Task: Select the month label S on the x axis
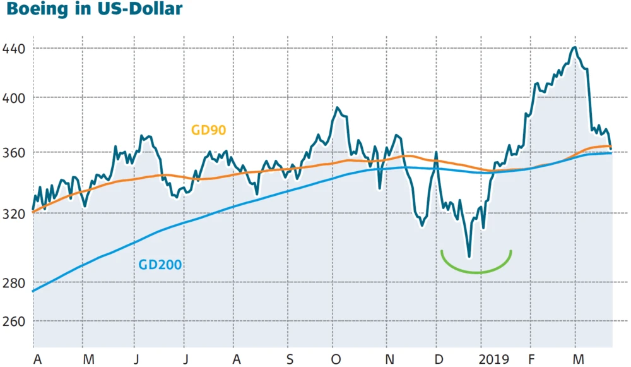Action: coord(289,359)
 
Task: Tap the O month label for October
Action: coord(336,359)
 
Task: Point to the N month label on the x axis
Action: coord(390,359)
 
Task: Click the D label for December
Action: coord(438,359)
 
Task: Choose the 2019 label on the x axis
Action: coord(493,359)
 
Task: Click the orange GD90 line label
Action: coord(208,130)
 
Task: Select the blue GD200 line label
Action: coord(160,265)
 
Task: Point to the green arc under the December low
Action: coord(476,272)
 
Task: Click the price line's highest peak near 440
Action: coord(574,47)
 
